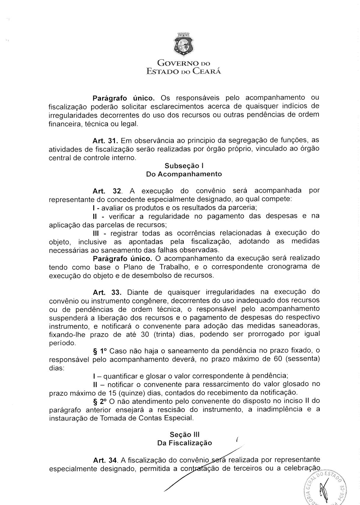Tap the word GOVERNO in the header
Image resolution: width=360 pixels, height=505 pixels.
[175, 63]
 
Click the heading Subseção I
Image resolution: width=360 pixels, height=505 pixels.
[184, 165]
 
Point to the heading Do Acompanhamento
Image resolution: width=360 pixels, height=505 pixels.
[184, 174]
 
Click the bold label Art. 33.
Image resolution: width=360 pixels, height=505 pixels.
[107, 292]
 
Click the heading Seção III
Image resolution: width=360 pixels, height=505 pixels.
[185, 434]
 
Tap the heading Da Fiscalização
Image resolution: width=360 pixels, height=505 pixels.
[185, 443]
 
